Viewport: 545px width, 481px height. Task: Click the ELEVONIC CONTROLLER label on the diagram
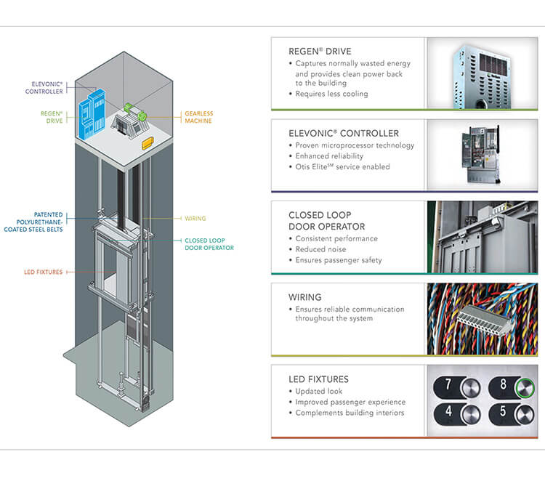(44, 88)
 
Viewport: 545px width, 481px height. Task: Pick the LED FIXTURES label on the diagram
(44, 272)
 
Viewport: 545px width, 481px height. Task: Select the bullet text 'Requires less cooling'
(331, 94)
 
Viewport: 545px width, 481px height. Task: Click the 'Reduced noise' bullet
(321, 249)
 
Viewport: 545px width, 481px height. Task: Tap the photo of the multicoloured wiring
(482, 318)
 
